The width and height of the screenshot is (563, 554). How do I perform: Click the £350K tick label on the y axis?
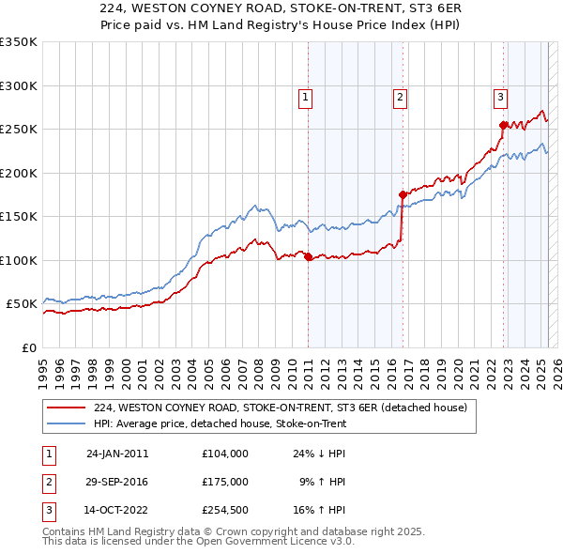click(19, 42)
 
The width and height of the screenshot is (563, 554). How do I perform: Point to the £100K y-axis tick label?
click(19, 260)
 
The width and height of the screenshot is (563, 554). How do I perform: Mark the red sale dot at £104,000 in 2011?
click(309, 257)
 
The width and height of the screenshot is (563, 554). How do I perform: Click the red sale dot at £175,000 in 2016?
click(403, 195)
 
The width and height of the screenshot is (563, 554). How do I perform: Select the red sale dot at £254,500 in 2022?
click(503, 125)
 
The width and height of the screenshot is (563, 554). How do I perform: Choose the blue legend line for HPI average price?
click(68, 423)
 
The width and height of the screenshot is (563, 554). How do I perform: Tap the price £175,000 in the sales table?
click(225, 482)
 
